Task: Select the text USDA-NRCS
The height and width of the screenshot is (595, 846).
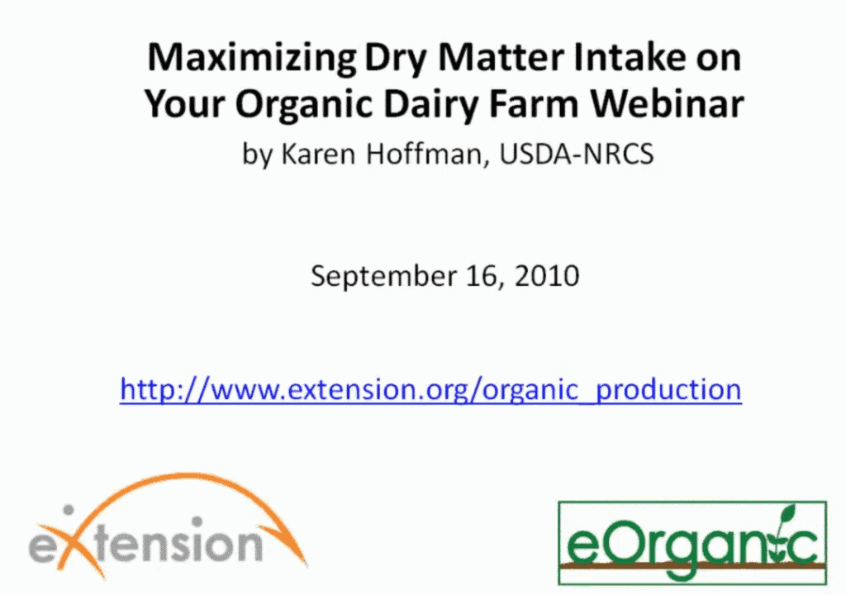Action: tap(576, 154)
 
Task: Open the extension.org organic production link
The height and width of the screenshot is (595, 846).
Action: tap(430, 389)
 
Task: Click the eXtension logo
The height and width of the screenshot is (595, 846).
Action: tap(167, 526)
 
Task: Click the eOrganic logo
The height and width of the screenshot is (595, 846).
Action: tap(692, 543)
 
